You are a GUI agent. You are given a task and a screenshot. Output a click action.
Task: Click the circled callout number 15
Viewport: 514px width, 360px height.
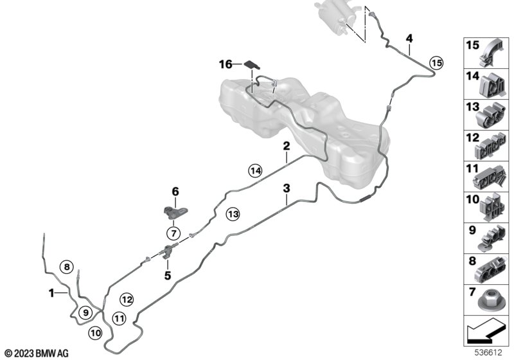pos(436,62)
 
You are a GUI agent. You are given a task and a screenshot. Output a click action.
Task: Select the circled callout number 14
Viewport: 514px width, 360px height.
pos(256,170)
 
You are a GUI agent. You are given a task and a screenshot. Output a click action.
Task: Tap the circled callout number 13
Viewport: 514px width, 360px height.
pos(231,213)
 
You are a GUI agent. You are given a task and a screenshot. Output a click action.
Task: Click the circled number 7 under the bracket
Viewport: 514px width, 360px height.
pos(173,233)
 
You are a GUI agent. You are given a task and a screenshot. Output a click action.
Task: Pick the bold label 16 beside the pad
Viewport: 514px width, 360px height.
pos(225,64)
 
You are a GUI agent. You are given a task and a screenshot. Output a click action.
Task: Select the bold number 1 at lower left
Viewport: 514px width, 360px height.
pos(51,292)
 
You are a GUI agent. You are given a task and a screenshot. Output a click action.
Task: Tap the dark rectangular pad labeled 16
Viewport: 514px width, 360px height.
pos(253,64)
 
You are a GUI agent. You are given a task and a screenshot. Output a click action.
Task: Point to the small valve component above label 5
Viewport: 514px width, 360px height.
pos(170,250)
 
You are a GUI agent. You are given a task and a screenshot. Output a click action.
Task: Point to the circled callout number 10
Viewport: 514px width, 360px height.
pos(95,332)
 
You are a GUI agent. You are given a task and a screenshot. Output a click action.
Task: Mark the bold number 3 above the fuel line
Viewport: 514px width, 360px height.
pos(287,188)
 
